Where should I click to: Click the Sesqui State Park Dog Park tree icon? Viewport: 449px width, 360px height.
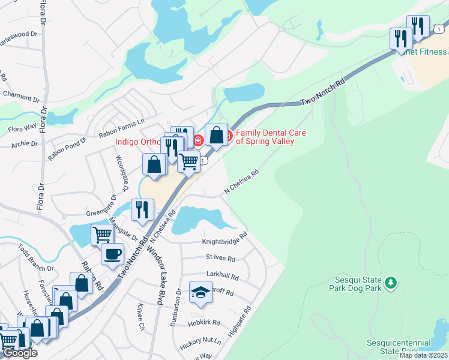[x=391, y=281]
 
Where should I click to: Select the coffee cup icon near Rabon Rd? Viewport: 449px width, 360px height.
[x=112, y=254]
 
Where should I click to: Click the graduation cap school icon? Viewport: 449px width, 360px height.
[x=200, y=292]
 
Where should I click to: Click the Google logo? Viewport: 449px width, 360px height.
[x=20, y=353]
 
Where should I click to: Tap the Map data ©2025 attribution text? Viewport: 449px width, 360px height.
[x=423, y=355]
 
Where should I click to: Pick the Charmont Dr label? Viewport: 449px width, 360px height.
[x=20, y=94]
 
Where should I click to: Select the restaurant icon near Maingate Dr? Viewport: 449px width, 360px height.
[x=142, y=209]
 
